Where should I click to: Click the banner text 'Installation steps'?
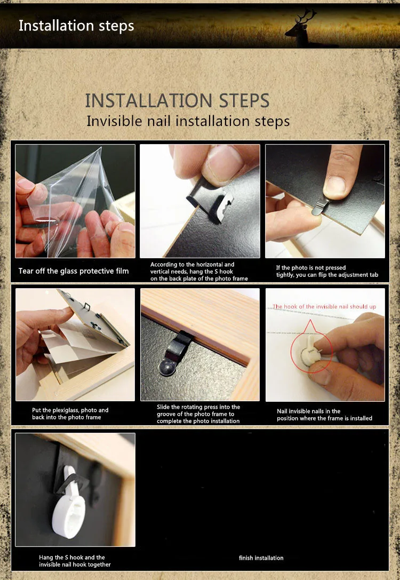coord(76,26)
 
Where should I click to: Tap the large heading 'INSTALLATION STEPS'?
coord(178,101)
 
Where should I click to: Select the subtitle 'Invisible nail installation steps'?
coord(188,121)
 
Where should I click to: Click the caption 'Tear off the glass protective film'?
coord(74,271)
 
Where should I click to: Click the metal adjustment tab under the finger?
coord(320,207)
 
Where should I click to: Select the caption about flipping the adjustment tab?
coord(327,271)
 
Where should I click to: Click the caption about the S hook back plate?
coord(199,272)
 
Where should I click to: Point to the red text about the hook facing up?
coord(324,307)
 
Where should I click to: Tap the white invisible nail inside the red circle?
coord(310,352)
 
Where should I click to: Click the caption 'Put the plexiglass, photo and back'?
coord(70,414)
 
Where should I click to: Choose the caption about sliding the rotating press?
coord(198,414)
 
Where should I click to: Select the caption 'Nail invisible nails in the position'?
coord(324,415)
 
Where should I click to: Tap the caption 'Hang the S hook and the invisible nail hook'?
coord(75,561)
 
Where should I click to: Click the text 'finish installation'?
coord(261,558)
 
